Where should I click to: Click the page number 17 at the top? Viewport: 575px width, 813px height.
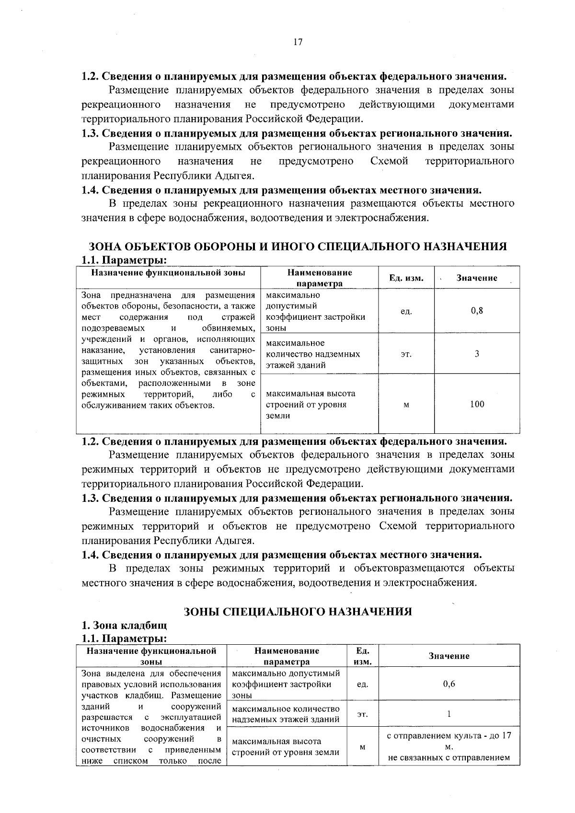tap(297, 42)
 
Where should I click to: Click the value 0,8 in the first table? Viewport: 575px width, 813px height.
tap(477, 311)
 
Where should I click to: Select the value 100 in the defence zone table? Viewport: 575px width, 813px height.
tap(477, 404)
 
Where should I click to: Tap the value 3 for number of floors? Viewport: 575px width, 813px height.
tap(477, 354)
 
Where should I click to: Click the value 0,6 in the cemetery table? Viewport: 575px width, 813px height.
tap(449, 684)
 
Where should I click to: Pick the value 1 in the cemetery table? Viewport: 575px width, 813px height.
tap(449, 714)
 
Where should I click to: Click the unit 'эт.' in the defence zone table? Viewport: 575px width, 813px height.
tap(406, 354)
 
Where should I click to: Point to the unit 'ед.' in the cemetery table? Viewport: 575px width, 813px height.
tap(362, 685)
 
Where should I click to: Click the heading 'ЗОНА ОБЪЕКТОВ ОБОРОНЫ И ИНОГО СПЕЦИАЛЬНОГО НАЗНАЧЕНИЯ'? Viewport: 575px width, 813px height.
tap(298, 246)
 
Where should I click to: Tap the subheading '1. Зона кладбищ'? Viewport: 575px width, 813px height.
tap(124, 626)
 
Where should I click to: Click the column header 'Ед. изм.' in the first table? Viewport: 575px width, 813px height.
tap(406, 278)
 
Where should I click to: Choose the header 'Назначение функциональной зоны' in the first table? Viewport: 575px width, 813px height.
tap(168, 273)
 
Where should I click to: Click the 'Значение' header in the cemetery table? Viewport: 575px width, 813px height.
tap(449, 656)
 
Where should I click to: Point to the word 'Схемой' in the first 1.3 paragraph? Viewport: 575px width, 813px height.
tap(389, 161)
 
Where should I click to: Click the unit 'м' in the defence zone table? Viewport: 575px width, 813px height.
tap(406, 405)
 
